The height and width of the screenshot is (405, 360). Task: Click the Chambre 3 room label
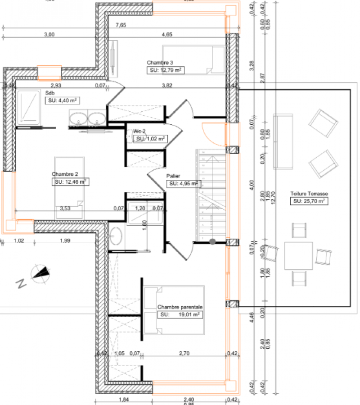coord(160,63)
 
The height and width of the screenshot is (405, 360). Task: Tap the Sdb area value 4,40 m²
coord(63,100)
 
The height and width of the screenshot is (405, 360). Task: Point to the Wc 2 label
coord(139,131)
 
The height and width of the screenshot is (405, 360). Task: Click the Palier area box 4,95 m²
coord(184,184)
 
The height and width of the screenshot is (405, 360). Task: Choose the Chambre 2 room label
coord(65,174)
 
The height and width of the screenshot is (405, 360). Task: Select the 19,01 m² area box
coord(180,315)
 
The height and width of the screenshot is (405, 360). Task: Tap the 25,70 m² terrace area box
coord(309,201)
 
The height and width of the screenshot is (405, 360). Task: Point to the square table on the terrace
coord(298,255)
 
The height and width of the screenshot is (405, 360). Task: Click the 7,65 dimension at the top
coord(121,25)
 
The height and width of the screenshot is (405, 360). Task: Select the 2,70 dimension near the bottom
coord(184,354)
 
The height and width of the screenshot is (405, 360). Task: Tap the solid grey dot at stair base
coord(212,241)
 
